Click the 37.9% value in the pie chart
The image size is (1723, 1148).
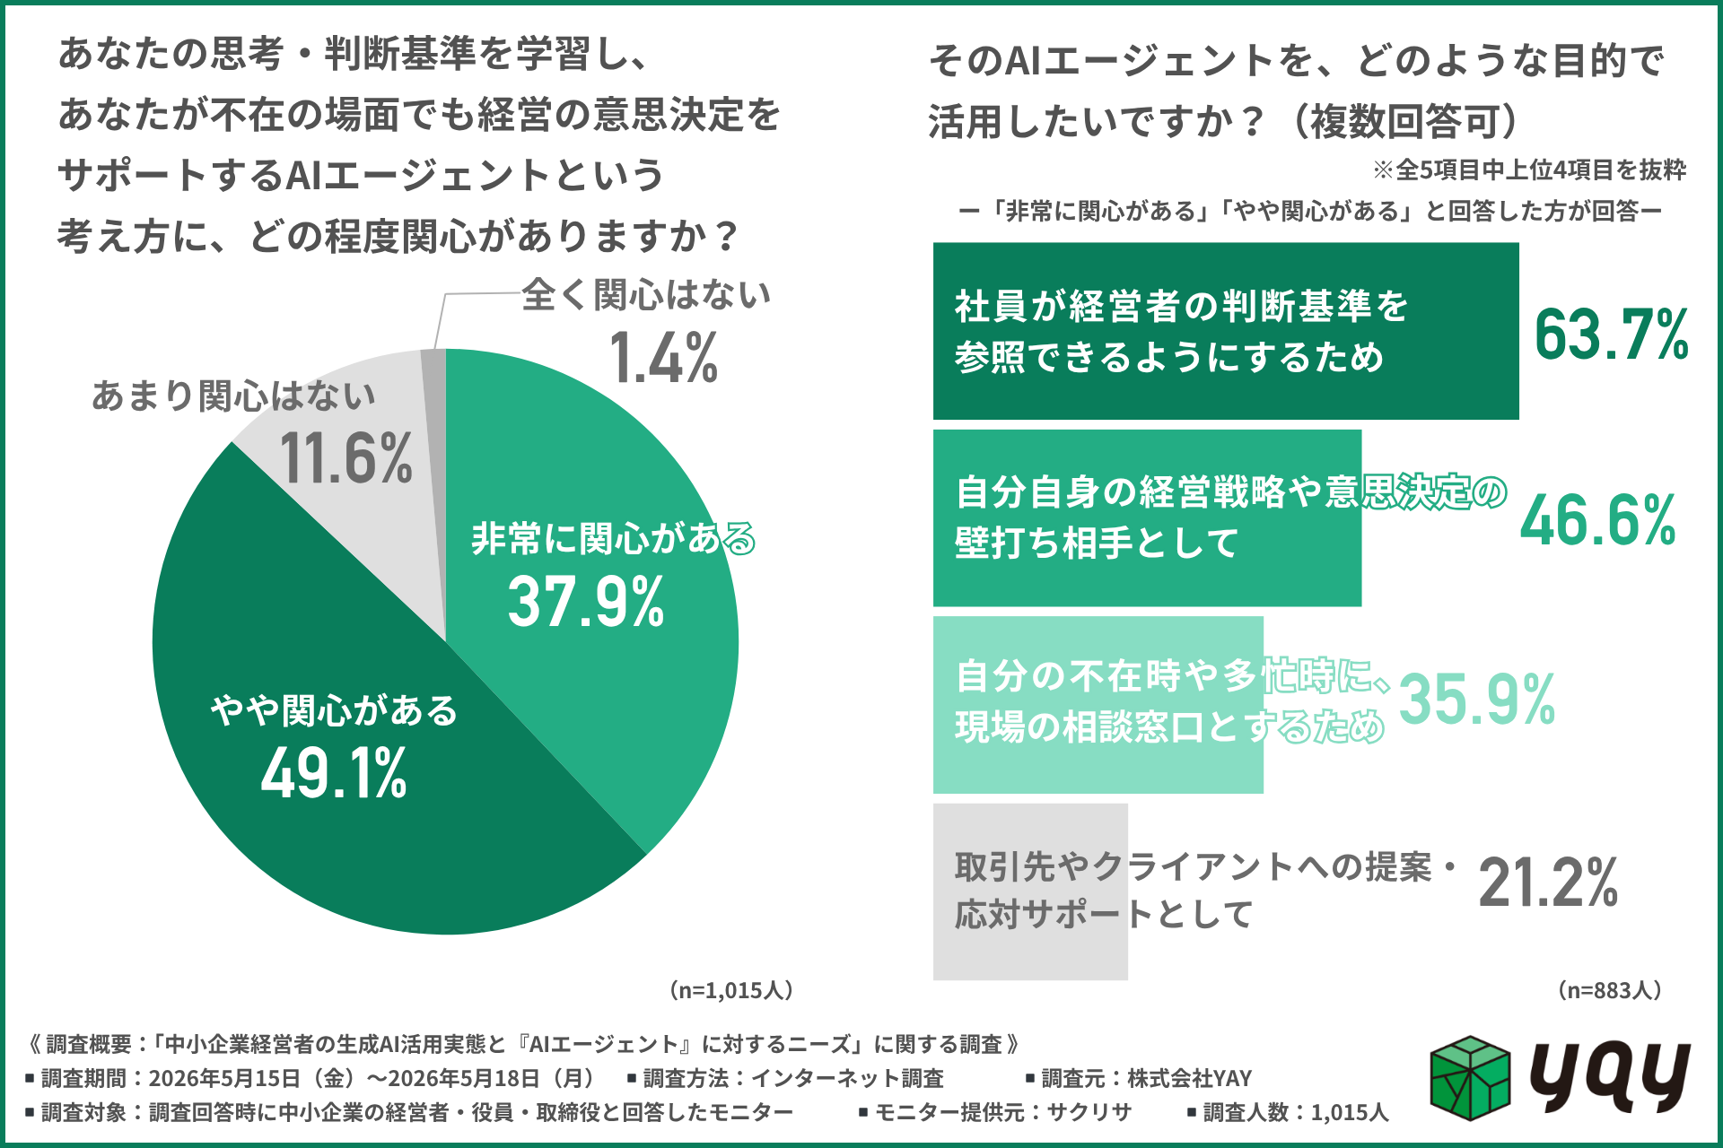click(x=586, y=601)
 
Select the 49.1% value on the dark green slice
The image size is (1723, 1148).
click(x=334, y=773)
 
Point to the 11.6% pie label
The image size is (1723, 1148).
click(x=346, y=457)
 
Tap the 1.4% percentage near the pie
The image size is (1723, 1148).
click(x=663, y=357)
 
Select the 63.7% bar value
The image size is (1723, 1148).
click(x=1612, y=335)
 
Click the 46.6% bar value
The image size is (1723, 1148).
click(x=1598, y=520)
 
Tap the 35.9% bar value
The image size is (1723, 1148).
click(x=1477, y=699)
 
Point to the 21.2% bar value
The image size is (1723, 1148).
click(x=1548, y=883)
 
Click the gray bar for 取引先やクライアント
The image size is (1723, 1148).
click(x=1030, y=891)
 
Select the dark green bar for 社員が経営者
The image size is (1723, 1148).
click(x=1226, y=331)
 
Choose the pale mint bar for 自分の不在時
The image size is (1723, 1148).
click(x=1098, y=705)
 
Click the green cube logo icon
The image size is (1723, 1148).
click(x=1470, y=1078)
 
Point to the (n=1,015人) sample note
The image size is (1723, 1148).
click(x=730, y=990)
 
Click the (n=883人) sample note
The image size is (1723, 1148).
click(x=1610, y=990)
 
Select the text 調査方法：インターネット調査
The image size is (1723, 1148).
click(x=792, y=1078)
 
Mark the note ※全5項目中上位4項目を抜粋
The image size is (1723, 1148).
click(x=1529, y=170)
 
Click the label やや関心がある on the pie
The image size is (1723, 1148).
click(x=334, y=710)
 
